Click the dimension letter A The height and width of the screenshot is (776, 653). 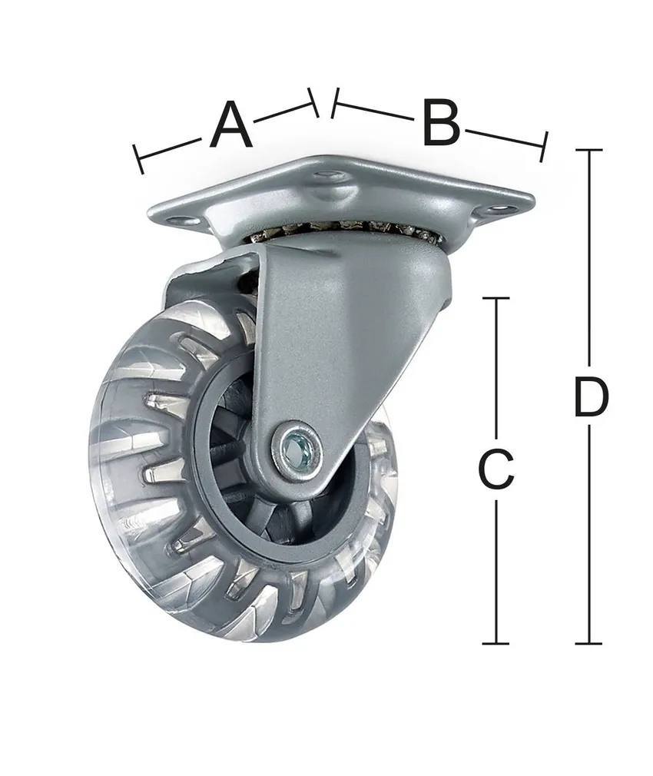point(231,124)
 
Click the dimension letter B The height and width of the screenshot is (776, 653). point(441,123)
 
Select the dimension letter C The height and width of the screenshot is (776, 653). point(496,469)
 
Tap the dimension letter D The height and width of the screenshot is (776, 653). point(591,396)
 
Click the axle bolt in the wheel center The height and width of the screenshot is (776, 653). point(295,449)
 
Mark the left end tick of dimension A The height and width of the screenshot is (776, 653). point(138,159)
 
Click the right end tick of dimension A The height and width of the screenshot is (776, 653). point(313,103)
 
